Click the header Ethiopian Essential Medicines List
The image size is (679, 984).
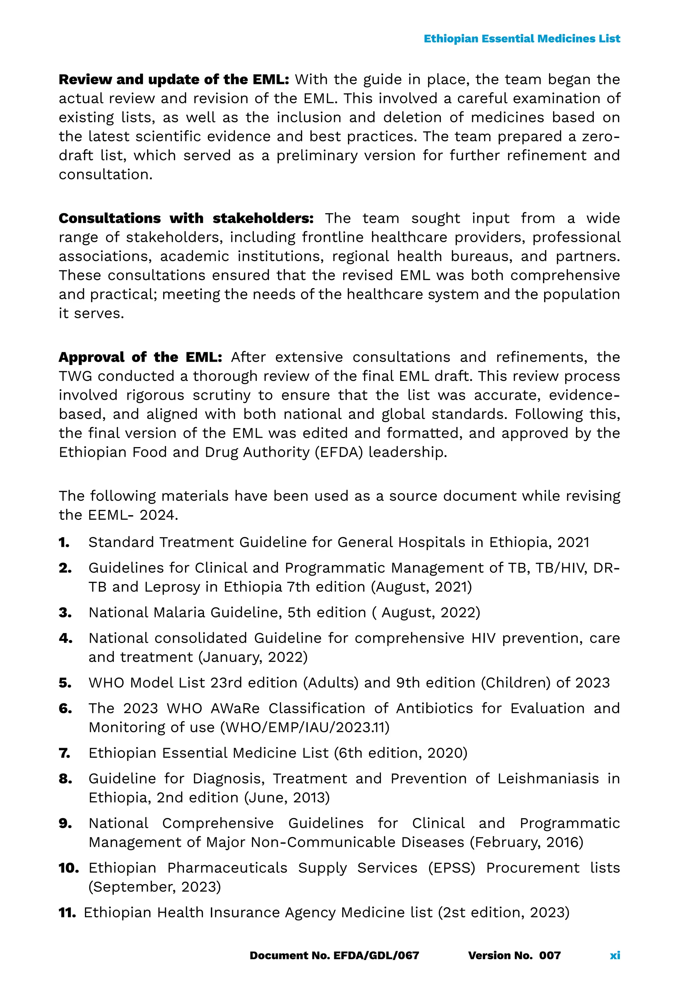522,39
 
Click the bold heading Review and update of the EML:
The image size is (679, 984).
174,80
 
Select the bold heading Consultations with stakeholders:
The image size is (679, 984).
186,218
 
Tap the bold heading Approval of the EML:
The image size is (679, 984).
140,357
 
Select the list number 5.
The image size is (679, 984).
65,683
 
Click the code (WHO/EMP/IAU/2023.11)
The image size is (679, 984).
305,727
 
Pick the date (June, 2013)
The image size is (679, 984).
287,798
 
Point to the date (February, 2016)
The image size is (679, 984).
526,842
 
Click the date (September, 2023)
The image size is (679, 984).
154,887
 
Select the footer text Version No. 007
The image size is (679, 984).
514,955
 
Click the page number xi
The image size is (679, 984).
614,955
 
